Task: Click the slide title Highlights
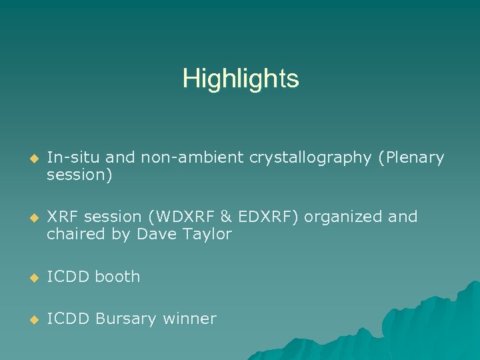coord(241,79)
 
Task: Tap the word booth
coord(117,277)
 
